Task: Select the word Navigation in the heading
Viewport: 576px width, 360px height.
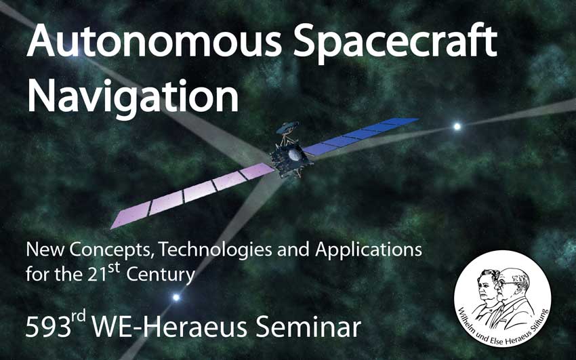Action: (133, 96)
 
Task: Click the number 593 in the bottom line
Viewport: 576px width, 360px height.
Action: (48, 328)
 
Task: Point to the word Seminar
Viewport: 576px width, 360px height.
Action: (308, 327)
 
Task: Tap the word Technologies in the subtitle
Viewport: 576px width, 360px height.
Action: (215, 250)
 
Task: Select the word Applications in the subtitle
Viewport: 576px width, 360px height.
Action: (369, 250)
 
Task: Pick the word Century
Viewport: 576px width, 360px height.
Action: (160, 275)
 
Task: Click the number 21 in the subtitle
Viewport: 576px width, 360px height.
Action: (98, 275)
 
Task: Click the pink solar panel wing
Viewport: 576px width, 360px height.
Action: (193, 195)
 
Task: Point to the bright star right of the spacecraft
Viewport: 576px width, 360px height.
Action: (457, 127)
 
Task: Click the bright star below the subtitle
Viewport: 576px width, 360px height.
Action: (176, 297)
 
